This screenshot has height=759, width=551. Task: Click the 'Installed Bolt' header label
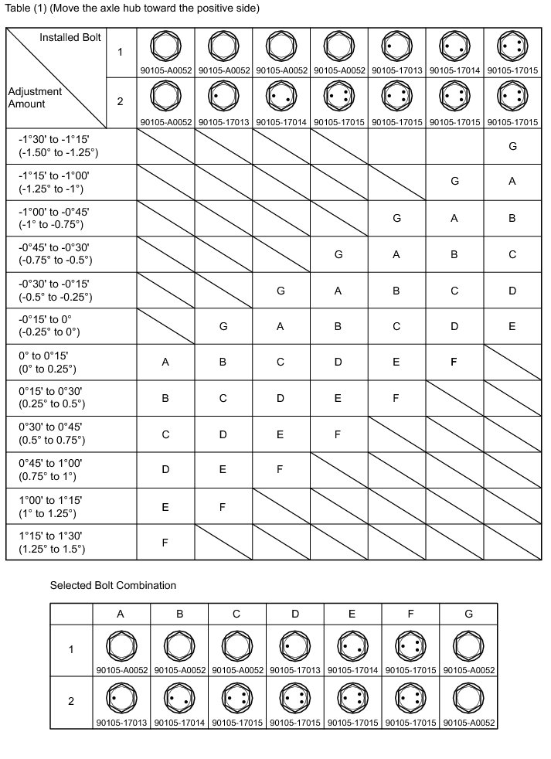[70, 38]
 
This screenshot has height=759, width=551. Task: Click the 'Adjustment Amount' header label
[36, 97]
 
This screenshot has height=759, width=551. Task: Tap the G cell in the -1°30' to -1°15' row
[512, 145]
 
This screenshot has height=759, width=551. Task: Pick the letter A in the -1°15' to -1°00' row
[512, 182]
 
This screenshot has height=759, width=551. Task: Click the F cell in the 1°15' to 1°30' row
[165, 542]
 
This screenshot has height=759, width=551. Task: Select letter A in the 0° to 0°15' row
[165, 362]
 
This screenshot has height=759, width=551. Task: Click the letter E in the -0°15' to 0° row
[512, 325]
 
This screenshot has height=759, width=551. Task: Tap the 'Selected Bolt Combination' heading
[113, 585]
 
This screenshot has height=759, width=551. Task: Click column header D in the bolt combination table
[295, 614]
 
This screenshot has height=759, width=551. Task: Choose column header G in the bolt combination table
[468, 614]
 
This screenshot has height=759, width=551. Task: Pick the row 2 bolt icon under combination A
[121, 697]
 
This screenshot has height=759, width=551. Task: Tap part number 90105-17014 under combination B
[179, 723]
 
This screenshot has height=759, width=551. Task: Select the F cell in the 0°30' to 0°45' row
[338, 434]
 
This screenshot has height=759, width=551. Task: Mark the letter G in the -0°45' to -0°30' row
[338, 254]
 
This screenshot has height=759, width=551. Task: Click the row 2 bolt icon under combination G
[468, 697]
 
